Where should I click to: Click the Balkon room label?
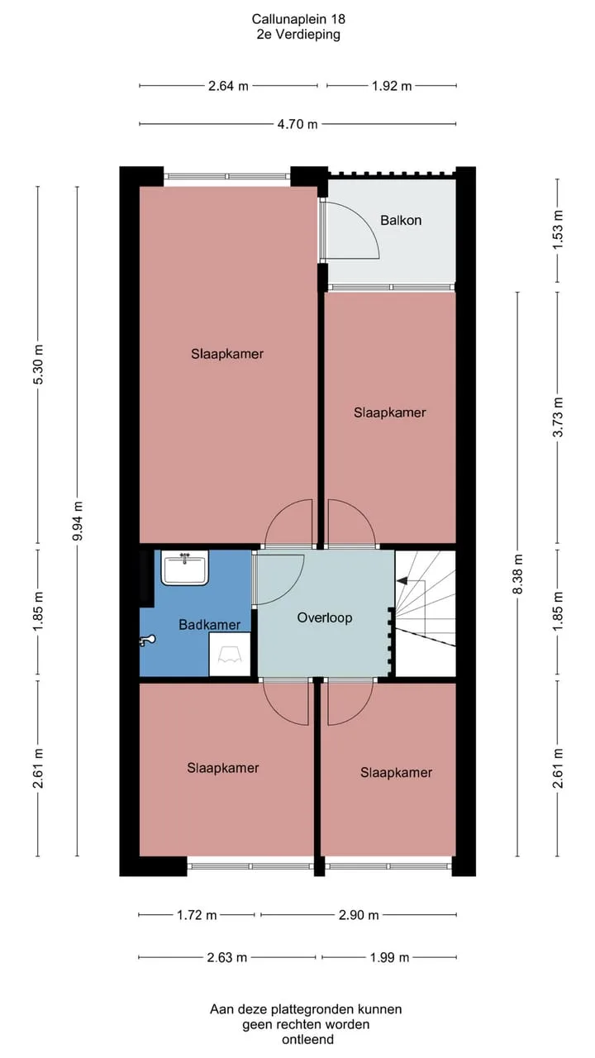401,220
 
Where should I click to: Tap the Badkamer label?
210,624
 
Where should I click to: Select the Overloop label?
325,617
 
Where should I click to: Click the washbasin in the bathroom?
185,567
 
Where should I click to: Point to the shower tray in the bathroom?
230,655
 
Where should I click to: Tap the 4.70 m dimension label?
297,124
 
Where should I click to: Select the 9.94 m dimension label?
78,521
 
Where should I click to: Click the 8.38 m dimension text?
518,574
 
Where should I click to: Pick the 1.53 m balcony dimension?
558,230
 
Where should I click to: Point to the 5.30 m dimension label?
38,365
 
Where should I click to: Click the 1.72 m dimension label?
197,915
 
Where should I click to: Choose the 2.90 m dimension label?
359,915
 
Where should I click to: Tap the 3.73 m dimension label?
558,417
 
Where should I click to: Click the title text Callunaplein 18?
298,19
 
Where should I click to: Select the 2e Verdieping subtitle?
298,35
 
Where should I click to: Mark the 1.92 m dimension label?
392,86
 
